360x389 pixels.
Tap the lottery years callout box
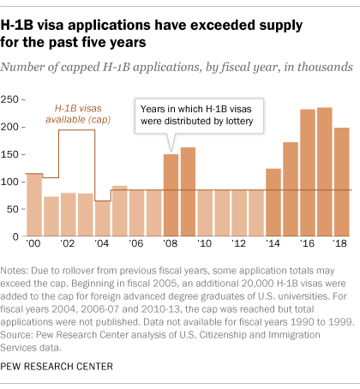click(201, 117)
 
